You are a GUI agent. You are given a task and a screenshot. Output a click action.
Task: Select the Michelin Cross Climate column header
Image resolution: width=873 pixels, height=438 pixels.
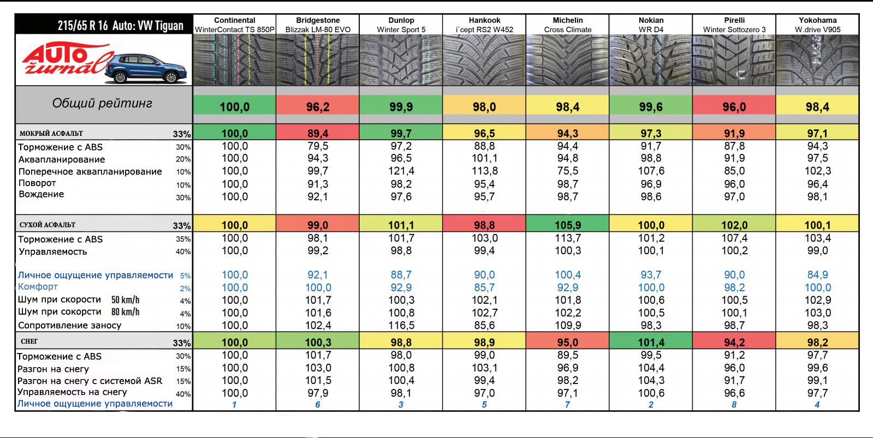(x=567, y=25)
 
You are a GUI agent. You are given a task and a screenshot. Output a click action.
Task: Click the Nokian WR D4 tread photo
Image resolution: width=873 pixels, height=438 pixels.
(x=650, y=60)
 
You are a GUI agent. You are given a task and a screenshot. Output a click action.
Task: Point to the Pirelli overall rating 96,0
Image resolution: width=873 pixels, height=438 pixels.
(x=734, y=107)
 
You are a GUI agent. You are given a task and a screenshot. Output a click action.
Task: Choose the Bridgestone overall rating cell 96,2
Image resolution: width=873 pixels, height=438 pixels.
(x=317, y=107)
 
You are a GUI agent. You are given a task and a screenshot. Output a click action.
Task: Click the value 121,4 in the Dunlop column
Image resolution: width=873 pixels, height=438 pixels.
(x=401, y=171)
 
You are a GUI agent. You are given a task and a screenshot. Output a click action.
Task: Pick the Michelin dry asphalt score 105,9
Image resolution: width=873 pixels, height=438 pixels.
(x=567, y=225)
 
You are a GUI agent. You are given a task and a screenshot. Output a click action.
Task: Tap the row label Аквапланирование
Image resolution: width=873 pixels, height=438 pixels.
(x=62, y=159)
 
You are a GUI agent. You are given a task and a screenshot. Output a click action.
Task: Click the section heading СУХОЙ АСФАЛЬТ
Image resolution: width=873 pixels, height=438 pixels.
(x=47, y=225)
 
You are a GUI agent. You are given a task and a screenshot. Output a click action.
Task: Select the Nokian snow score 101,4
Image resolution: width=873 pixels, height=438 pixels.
(x=650, y=343)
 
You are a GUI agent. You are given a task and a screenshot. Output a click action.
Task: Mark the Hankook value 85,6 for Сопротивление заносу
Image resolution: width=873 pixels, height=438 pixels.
(x=484, y=326)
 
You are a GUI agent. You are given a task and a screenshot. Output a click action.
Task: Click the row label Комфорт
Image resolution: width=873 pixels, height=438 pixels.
(x=38, y=287)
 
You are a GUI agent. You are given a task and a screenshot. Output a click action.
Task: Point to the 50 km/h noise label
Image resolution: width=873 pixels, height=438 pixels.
(x=125, y=300)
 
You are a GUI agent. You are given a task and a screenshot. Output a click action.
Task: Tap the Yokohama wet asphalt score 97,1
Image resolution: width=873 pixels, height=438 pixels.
(x=817, y=134)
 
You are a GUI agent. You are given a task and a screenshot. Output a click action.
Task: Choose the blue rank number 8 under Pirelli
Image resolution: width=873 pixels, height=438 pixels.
(x=734, y=405)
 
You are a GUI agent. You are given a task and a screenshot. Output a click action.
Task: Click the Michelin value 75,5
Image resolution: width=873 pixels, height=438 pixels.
(x=567, y=171)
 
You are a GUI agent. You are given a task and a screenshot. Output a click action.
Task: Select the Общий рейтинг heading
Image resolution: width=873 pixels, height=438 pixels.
(x=102, y=103)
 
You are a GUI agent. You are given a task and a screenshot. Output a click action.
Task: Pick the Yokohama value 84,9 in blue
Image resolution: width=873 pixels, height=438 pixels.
(x=817, y=275)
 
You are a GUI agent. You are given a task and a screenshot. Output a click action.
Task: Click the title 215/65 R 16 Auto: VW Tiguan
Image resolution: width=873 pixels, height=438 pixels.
(x=120, y=25)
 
